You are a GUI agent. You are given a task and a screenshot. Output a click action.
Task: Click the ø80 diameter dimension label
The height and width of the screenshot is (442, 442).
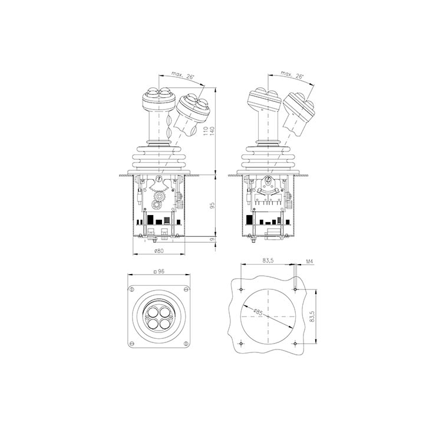[x=159, y=251]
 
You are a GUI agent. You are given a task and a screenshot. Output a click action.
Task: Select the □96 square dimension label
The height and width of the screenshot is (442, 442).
[x=159, y=272]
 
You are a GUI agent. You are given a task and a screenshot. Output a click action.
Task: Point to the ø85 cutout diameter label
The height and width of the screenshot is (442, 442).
[x=258, y=312]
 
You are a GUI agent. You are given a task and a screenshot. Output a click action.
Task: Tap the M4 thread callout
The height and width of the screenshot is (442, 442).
[x=309, y=262]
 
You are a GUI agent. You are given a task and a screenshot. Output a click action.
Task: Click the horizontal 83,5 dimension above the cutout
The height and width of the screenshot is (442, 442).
[x=268, y=260]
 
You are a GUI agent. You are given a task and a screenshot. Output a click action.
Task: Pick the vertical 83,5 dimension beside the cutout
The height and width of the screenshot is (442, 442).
[x=312, y=316]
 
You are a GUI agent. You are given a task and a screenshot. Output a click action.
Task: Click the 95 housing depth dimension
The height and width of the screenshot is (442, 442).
[x=213, y=205]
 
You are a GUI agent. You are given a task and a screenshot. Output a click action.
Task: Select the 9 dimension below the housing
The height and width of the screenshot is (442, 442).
[x=213, y=239]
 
